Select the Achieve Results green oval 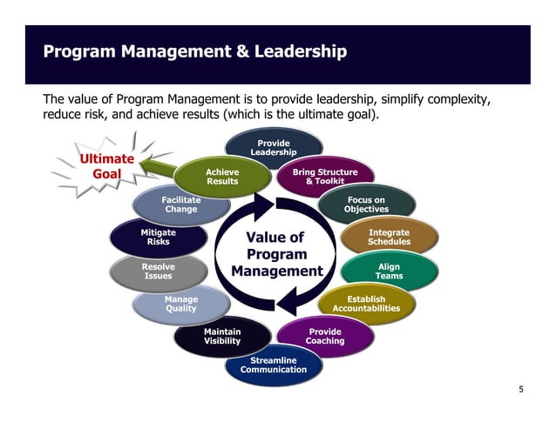pos(222,177)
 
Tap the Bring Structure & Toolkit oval pos(325,177)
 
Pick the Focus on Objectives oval pos(366,204)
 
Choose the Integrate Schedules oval pos(389,237)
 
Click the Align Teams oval pos(389,271)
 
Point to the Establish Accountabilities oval pos(366,304)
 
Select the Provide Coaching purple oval pos(325,336)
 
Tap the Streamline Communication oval pos(274,365)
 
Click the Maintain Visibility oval pos(222,336)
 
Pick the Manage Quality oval pos(181,304)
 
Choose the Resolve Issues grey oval pos(159,271)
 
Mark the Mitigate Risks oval pos(159,237)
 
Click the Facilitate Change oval pos(181,204)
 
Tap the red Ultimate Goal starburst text pos(106,166)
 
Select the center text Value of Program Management pos(275,254)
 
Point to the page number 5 pos(521,389)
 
